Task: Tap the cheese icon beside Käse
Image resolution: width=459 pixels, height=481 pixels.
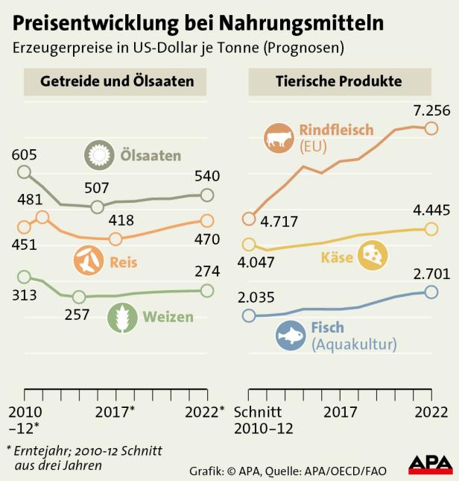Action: coord(373,256)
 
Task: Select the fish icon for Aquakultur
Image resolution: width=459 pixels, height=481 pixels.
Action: coord(291,336)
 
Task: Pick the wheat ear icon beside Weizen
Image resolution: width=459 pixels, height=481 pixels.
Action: coord(123,317)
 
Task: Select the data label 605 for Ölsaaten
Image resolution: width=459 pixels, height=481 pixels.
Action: coord(24,154)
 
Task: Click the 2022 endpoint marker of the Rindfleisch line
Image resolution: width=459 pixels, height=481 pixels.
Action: coord(431,128)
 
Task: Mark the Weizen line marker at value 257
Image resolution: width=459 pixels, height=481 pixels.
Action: coord(79,296)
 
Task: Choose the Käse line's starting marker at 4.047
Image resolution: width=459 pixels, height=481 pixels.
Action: coord(249,244)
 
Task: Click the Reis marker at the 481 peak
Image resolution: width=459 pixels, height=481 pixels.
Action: coord(42,217)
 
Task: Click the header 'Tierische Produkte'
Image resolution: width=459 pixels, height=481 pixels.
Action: coord(338,81)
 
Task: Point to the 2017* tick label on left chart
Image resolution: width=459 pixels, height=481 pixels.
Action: coord(115,412)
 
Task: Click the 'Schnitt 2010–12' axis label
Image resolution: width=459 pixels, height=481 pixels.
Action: coord(263,420)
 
